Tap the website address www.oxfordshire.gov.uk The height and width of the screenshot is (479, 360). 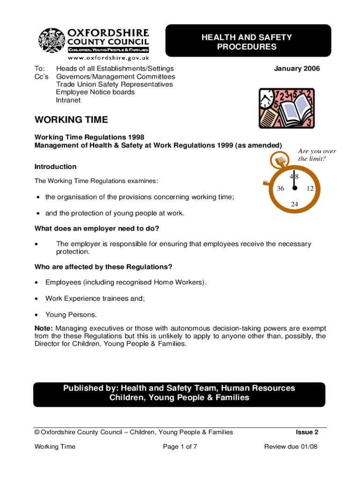tap(108, 58)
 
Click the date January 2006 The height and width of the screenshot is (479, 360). tap(297, 69)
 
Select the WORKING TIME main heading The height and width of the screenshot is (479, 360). tap(71, 120)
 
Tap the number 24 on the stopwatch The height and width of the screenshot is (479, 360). tap(295, 204)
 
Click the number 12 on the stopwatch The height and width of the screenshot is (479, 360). tap(310, 189)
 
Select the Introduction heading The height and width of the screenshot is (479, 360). tap(56, 167)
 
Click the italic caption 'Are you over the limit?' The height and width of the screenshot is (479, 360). tap(317, 155)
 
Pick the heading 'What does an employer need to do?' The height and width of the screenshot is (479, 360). tap(97, 228)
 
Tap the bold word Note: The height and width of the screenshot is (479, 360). tap(44, 329)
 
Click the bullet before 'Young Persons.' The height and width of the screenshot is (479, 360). tap(37, 314)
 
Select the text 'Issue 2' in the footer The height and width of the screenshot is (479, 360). tap(307, 432)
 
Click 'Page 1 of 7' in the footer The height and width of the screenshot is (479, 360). tap(180, 447)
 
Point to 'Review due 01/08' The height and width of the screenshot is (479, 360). tap(291, 447)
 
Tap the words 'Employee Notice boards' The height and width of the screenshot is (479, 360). tap(95, 92)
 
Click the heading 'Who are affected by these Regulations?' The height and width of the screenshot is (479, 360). tap(103, 267)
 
